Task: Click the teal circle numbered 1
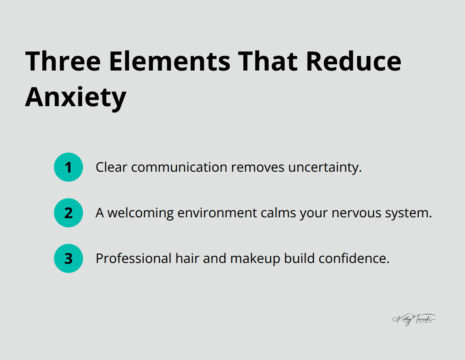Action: [x=69, y=167]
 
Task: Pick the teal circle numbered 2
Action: [x=69, y=213]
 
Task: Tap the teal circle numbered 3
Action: [x=69, y=258]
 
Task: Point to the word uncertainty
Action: [x=326, y=167]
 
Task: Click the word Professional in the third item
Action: [x=133, y=258]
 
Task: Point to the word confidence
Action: [x=354, y=258]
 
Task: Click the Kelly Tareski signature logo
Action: [x=414, y=319]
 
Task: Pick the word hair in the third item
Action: [x=186, y=258]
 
